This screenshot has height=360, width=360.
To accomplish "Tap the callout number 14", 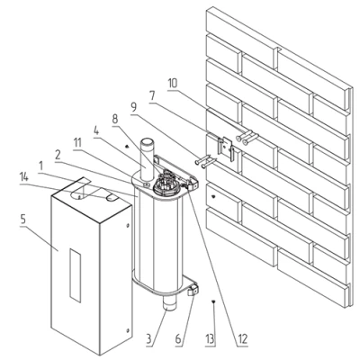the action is (24, 179).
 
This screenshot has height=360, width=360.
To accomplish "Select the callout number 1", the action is (40, 166).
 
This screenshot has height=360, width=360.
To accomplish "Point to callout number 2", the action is (58, 155).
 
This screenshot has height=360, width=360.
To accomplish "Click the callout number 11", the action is (77, 143).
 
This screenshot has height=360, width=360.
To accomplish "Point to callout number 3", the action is (149, 339).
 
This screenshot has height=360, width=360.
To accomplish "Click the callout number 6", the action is (178, 339).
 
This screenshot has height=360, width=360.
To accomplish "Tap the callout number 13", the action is (210, 339).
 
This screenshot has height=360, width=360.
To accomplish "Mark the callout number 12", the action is (242, 339).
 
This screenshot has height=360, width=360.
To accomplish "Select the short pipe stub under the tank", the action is (170, 303).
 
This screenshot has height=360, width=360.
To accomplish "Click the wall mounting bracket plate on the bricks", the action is (225, 148).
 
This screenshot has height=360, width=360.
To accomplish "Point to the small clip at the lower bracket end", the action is (193, 290).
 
